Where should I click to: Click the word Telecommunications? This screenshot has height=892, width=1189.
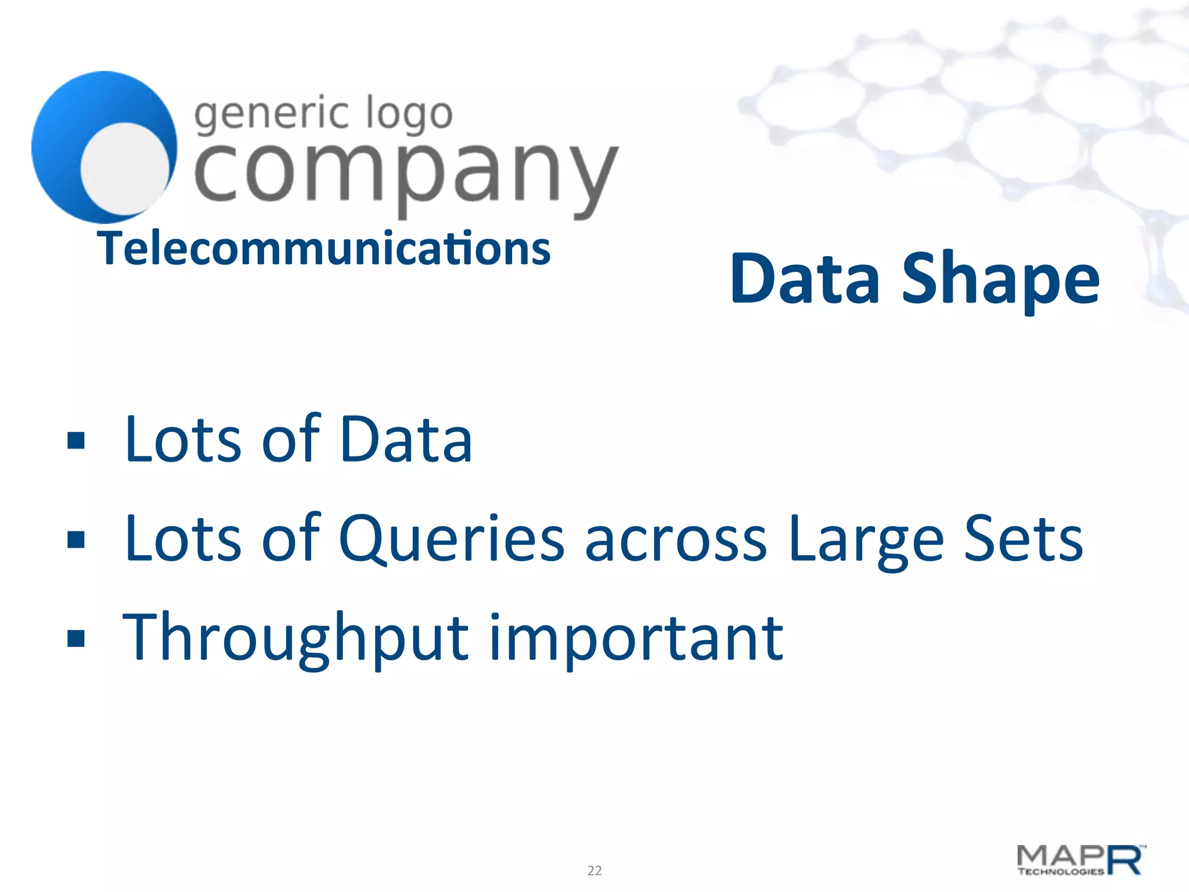click(324, 249)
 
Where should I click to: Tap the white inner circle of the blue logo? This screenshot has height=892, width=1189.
click(124, 168)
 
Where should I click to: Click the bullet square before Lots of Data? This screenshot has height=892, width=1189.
click(76, 441)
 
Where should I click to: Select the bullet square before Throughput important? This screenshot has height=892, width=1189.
click(76, 638)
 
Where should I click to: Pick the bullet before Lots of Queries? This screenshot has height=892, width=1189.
click(76, 539)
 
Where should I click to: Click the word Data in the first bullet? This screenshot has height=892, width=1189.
click(405, 440)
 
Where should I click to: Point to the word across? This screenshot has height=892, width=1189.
click(676, 540)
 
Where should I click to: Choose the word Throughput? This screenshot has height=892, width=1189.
click(296, 638)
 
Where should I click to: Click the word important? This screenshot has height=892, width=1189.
click(637, 638)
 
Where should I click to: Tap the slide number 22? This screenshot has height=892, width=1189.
click(594, 871)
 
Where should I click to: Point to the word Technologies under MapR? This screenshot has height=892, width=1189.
click(1061, 872)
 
